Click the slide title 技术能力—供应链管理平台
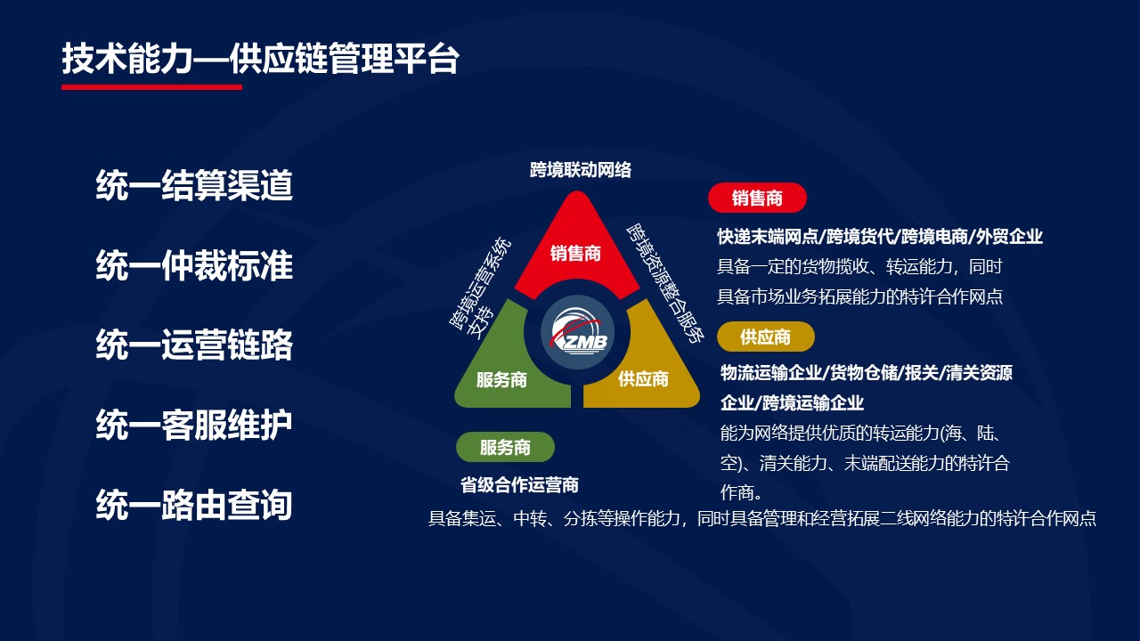(261, 59)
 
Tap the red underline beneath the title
(151, 87)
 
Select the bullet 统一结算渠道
(194, 185)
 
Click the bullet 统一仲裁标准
(194, 265)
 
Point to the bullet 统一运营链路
(194, 345)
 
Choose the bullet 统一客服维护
(194, 425)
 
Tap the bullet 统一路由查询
(194, 505)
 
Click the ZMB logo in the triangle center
(577, 332)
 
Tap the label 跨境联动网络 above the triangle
(580, 169)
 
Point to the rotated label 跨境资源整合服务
(665, 283)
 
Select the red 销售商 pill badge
(757, 198)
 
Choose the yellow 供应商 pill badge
(765, 337)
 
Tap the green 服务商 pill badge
(505, 447)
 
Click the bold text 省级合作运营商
(519, 485)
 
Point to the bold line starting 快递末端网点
(880, 237)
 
